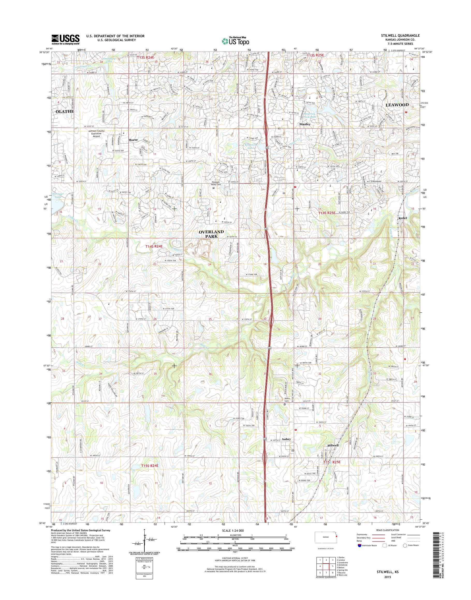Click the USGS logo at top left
(x=65, y=39)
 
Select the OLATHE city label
(x=65, y=111)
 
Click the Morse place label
(x=133, y=140)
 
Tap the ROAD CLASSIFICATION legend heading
(x=387, y=538)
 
